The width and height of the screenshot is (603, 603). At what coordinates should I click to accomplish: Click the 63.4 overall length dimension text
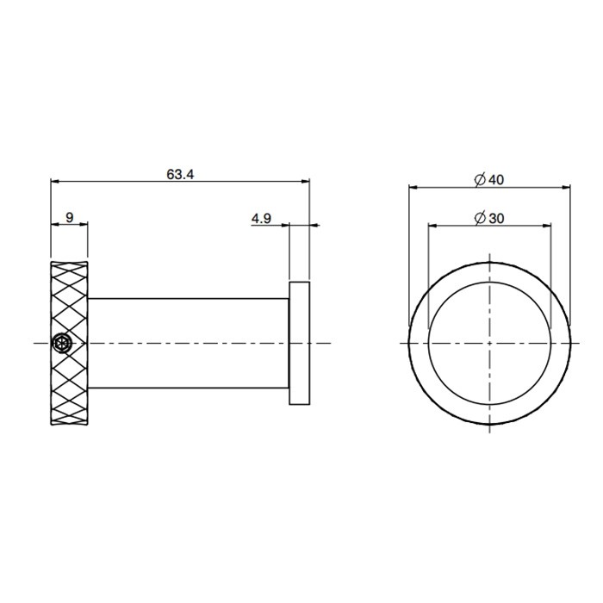(181, 173)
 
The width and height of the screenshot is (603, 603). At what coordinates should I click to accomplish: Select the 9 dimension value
(69, 218)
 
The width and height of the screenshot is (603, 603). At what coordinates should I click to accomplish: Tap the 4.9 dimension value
(262, 219)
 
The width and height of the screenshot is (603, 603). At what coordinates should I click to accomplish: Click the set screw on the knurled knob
(60, 343)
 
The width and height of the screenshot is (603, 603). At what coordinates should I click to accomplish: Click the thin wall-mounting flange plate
(299, 342)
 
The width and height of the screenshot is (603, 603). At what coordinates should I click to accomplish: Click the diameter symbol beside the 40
(480, 179)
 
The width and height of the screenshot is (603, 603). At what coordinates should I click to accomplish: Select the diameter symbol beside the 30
(480, 219)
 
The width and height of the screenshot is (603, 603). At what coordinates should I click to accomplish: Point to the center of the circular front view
(489, 343)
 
